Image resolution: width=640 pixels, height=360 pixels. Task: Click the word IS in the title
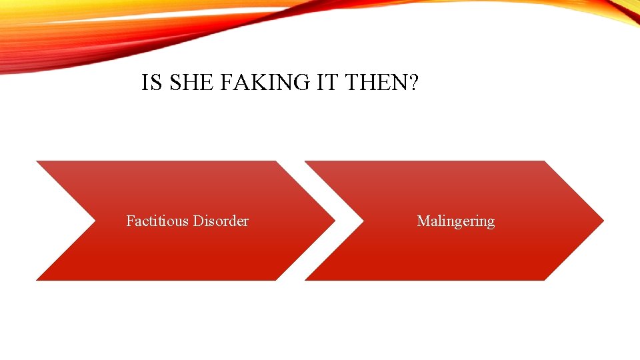(151, 83)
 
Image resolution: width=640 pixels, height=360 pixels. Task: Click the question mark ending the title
(413, 83)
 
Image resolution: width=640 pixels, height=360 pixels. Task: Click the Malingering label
(456, 221)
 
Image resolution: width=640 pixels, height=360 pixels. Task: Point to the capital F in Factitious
(130, 221)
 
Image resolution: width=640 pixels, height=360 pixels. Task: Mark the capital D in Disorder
(198, 221)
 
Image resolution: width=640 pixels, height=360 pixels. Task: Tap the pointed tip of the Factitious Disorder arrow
(333, 220)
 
